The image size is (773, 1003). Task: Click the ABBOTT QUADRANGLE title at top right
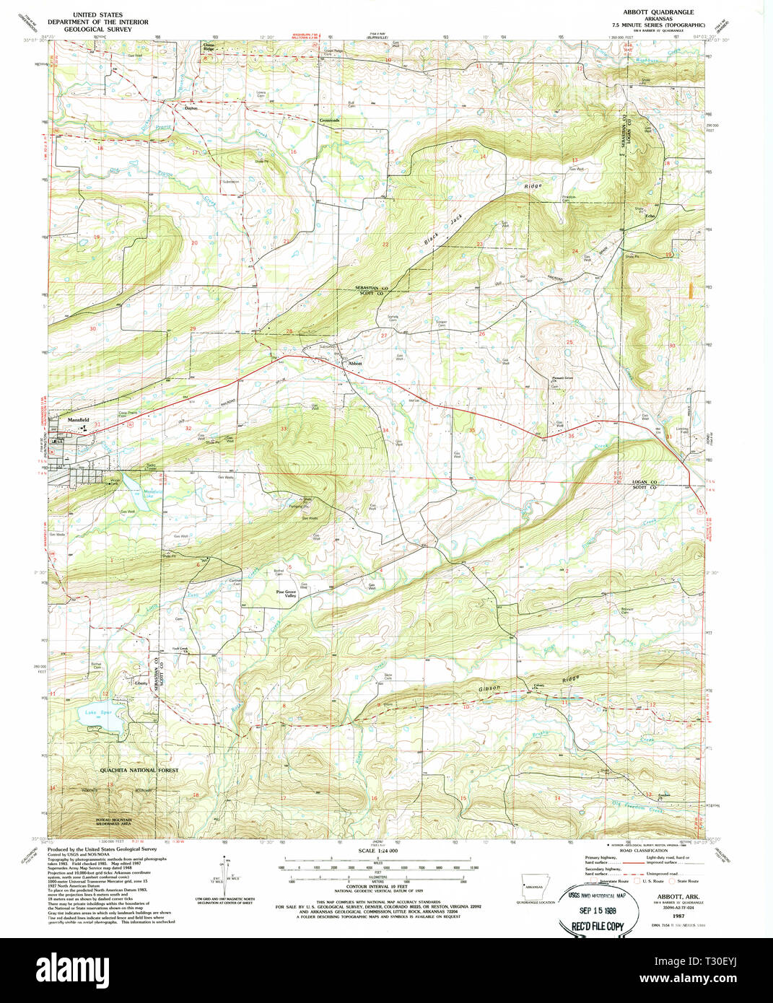(x=658, y=12)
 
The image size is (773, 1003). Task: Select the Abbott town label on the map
(x=354, y=363)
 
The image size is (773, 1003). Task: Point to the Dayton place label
(x=191, y=108)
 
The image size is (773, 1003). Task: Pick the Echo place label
(x=649, y=216)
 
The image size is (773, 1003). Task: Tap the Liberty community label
(x=141, y=683)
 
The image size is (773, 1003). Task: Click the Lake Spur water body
(x=98, y=716)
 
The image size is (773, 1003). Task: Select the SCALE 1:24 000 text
(x=378, y=851)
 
